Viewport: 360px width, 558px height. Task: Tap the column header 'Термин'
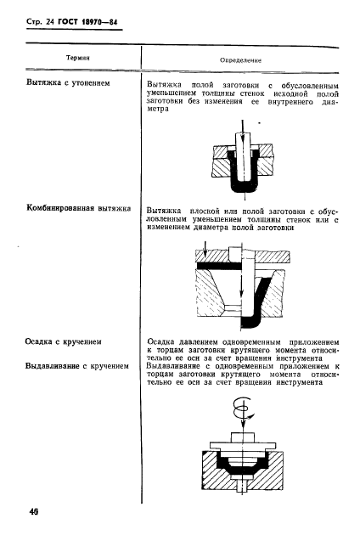(77, 59)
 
